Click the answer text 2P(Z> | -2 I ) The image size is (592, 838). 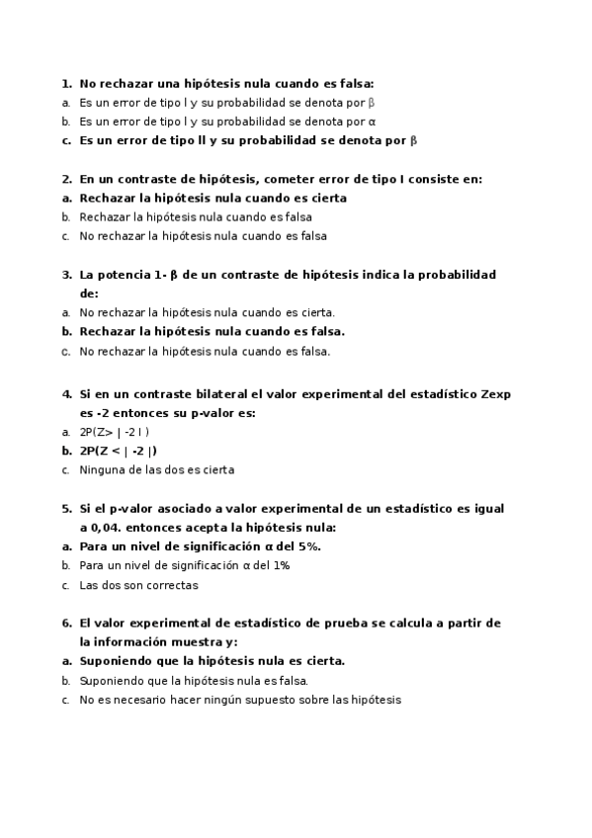coord(115,433)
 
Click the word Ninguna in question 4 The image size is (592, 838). coord(100,470)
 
